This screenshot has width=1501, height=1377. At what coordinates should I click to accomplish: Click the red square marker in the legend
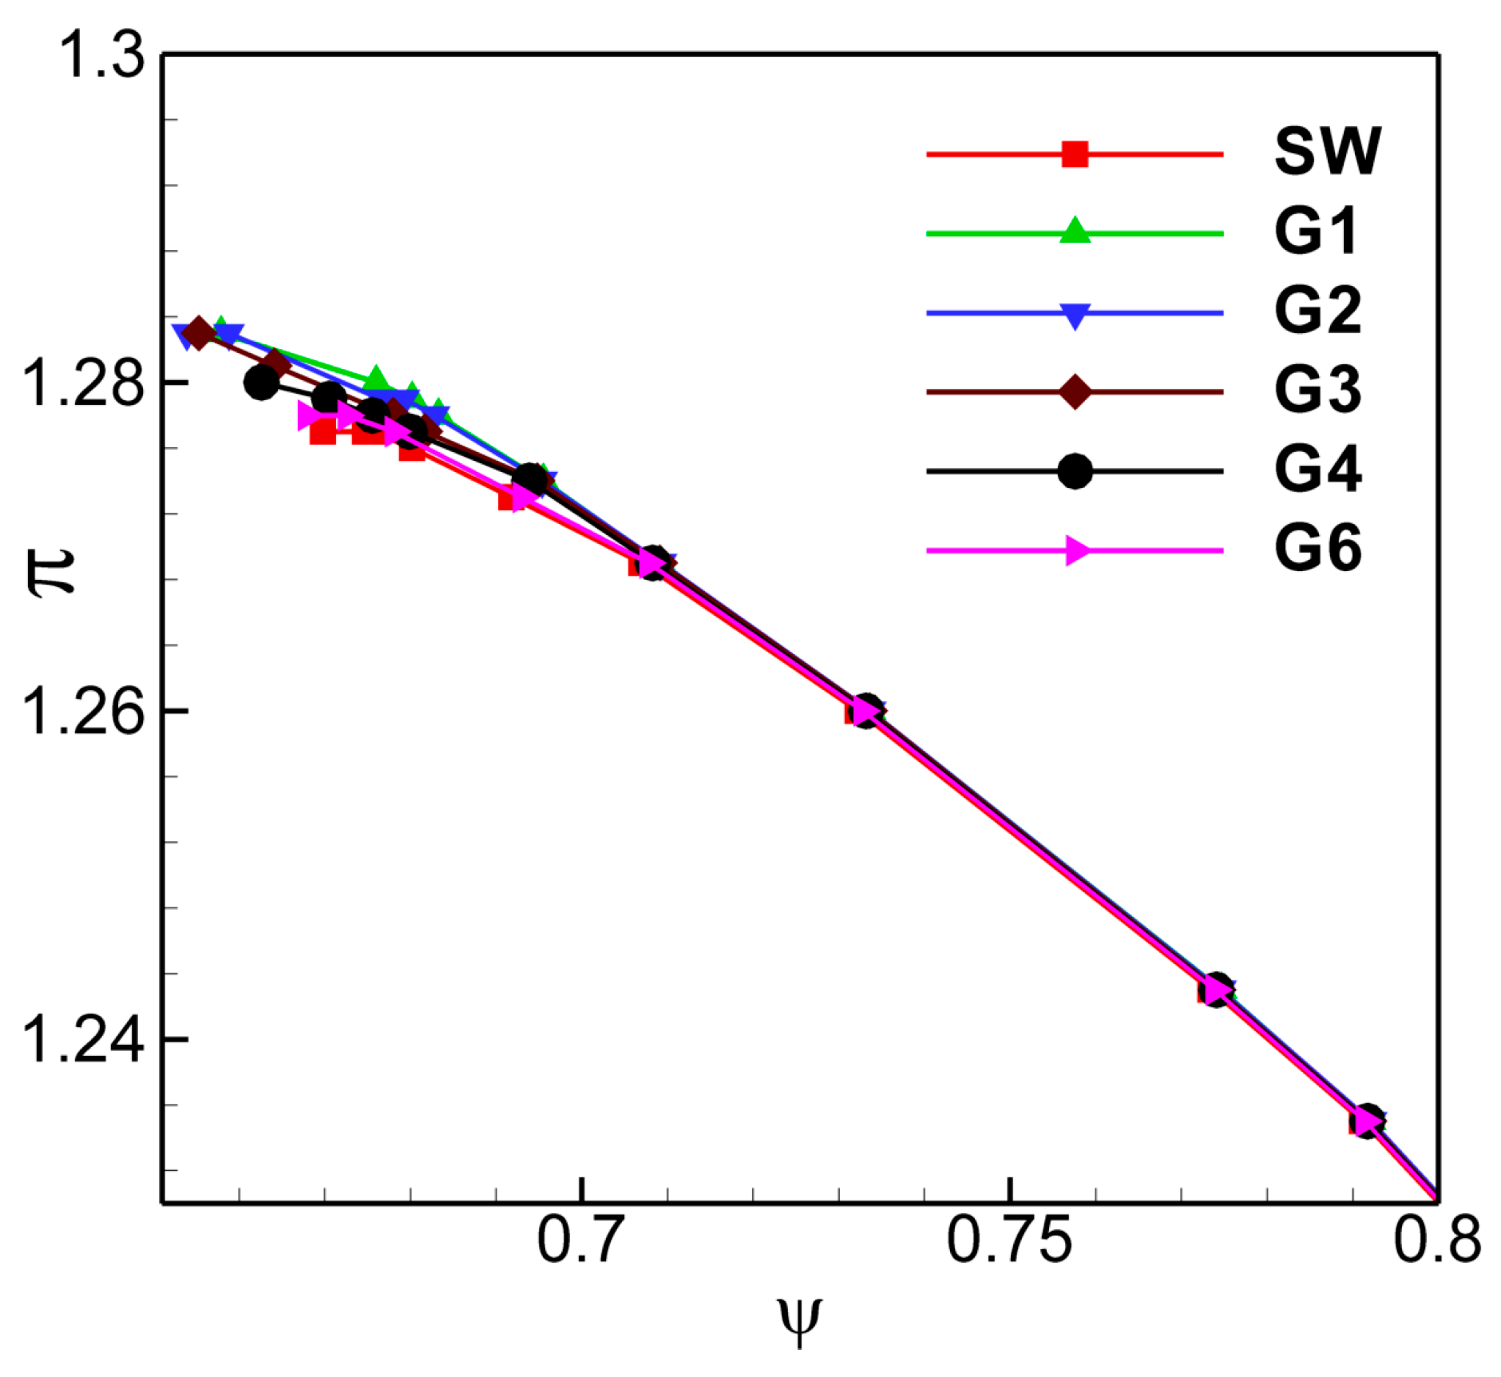coord(1075,153)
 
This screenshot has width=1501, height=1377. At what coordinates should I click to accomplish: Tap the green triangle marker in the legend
coord(1075,231)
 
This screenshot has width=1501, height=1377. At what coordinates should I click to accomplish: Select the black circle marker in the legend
coord(1075,471)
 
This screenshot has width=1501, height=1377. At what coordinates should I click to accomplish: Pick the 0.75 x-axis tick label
coord(1008,1240)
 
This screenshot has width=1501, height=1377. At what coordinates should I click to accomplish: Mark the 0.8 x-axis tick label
coord(1436,1240)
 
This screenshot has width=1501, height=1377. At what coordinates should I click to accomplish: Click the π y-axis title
coord(52,572)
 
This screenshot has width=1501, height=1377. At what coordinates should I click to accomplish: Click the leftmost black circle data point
coord(261,383)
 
